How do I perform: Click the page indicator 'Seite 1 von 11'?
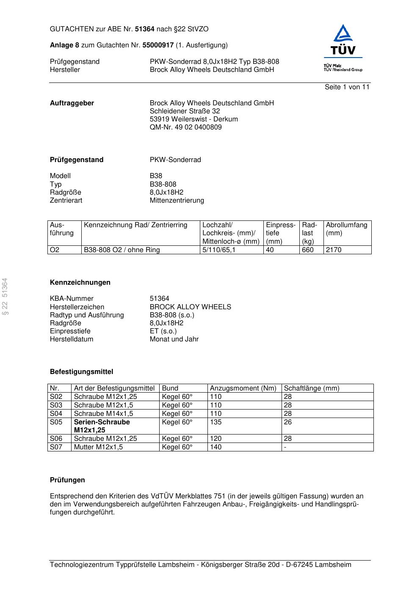(347, 87)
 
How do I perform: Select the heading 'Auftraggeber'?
(72, 103)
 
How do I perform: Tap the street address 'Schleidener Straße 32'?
(185, 111)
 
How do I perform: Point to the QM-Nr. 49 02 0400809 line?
(185, 127)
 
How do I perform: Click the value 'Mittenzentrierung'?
(177, 201)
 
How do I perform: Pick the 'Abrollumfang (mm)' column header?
(346, 229)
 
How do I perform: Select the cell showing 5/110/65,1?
(219, 250)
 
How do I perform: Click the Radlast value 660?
(308, 250)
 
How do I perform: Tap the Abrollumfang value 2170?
(334, 250)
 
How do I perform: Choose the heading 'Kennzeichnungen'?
(80, 283)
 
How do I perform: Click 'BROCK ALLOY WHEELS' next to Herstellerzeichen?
(190, 307)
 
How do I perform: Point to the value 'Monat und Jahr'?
(174, 339)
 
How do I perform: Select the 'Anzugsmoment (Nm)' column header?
(243, 388)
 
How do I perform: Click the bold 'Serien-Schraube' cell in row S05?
(102, 422)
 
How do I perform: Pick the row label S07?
(56, 447)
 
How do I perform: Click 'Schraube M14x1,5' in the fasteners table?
(103, 414)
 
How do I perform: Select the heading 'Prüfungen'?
(67, 480)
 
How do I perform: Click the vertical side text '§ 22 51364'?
(5, 296)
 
